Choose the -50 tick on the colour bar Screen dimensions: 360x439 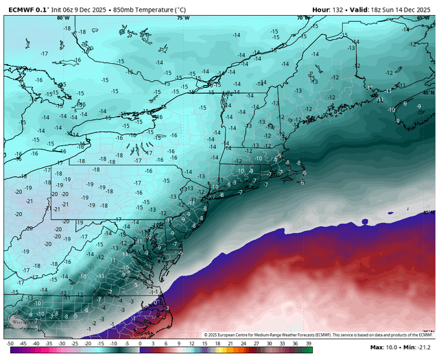click(x=9, y=343)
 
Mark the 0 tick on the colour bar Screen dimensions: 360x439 click(x=140, y=343)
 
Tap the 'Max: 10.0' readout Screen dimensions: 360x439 click(x=384, y=349)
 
